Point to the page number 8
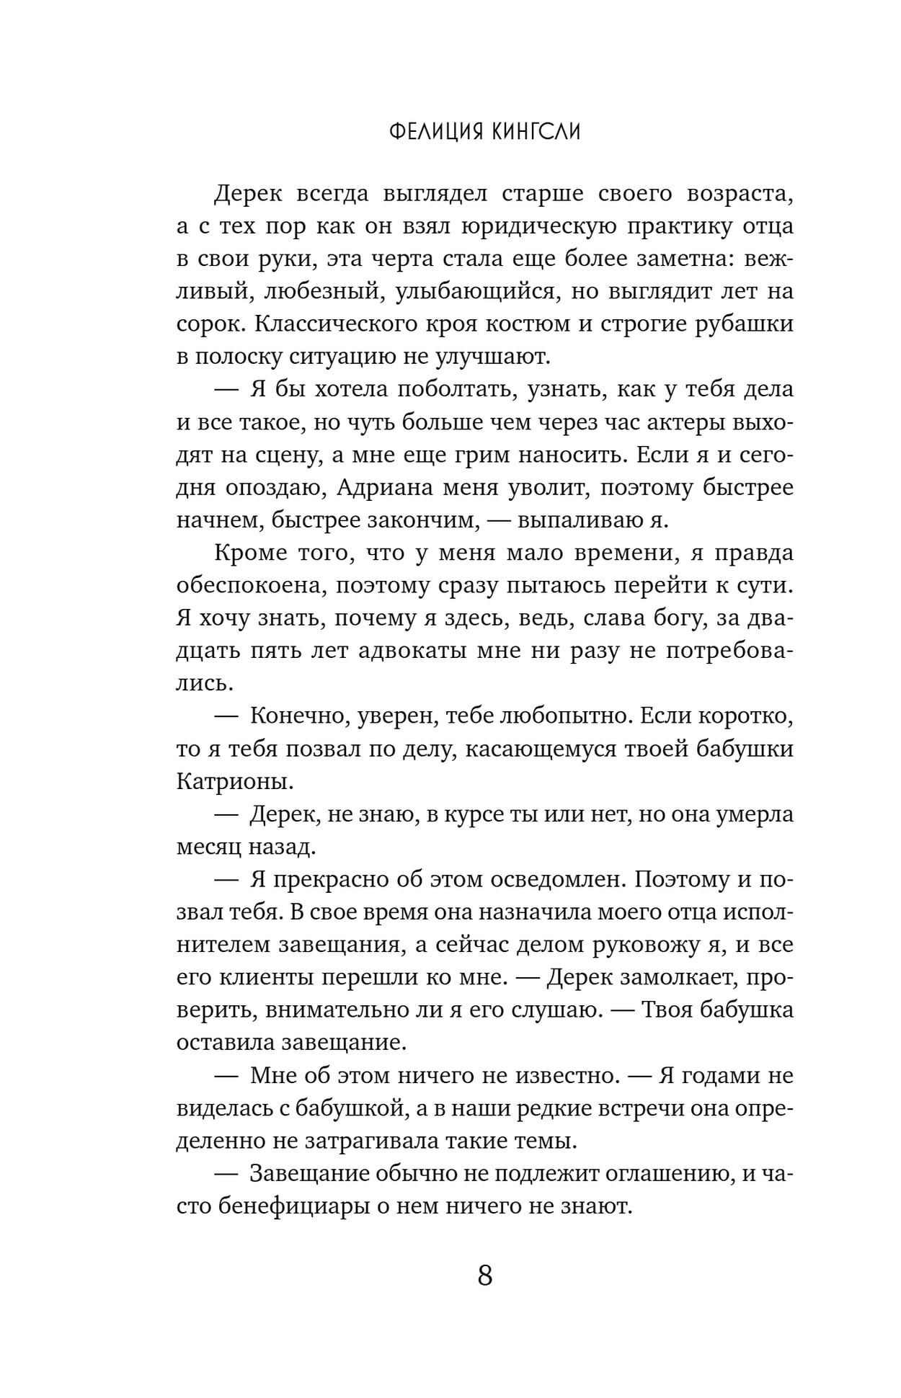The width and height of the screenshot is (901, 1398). click(484, 1275)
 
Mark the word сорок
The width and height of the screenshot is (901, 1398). click(211, 324)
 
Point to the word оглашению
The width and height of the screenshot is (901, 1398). click(652, 1174)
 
